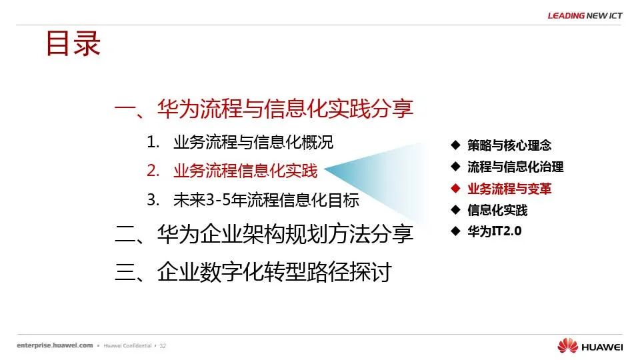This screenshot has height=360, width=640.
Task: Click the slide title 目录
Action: coord(73,43)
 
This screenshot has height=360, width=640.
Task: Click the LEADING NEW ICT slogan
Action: coord(585,16)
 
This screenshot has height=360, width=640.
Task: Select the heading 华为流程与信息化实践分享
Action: coord(285,109)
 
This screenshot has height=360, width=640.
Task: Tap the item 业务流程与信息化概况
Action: coord(253,142)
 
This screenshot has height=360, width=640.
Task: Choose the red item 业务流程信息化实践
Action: coord(245,171)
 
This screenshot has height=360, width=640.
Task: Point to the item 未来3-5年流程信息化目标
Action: coord(266,200)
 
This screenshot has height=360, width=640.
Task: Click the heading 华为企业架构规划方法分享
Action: coord(285,234)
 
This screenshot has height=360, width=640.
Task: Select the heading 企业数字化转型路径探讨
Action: coord(274,272)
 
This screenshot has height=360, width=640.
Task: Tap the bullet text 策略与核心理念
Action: coord(509,145)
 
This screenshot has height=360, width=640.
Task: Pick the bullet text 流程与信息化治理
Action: coord(515,167)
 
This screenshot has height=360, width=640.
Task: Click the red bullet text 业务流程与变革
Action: coord(509,189)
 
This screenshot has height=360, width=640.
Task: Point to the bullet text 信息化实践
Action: coord(497,210)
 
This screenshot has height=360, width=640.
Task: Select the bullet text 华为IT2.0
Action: coord(494,231)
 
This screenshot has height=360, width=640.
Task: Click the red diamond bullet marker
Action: coord(455,188)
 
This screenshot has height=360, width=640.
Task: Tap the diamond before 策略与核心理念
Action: coord(455,145)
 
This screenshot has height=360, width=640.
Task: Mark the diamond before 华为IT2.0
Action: coord(455,231)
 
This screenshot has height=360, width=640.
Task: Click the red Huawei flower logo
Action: coord(568,345)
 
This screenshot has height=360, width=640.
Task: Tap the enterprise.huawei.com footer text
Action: coord(55,345)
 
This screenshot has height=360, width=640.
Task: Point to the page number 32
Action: coord(163,346)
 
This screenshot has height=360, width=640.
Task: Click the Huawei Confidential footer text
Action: coord(127,346)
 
